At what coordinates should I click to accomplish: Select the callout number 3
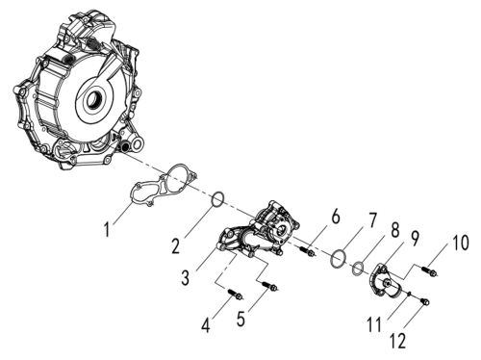click(x=186, y=277)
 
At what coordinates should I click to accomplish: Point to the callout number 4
click(x=206, y=325)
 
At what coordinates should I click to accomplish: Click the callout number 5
click(x=240, y=319)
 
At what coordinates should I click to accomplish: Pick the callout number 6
click(x=336, y=217)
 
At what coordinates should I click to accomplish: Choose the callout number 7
click(x=371, y=220)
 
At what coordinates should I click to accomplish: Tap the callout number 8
click(x=394, y=230)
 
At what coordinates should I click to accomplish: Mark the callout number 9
click(x=415, y=239)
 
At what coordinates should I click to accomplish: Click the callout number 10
click(x=461, y=243)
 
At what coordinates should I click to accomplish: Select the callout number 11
click(x=374, y=324)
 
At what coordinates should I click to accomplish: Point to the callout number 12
click(x=398, y=341)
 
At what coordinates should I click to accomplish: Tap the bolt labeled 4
click(x=235, y=294)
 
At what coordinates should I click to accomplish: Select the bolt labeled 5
click(x=269, y=286)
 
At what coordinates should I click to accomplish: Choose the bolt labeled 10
click(x=429, y=270)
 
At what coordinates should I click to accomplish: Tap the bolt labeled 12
click(x=424, y=301)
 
